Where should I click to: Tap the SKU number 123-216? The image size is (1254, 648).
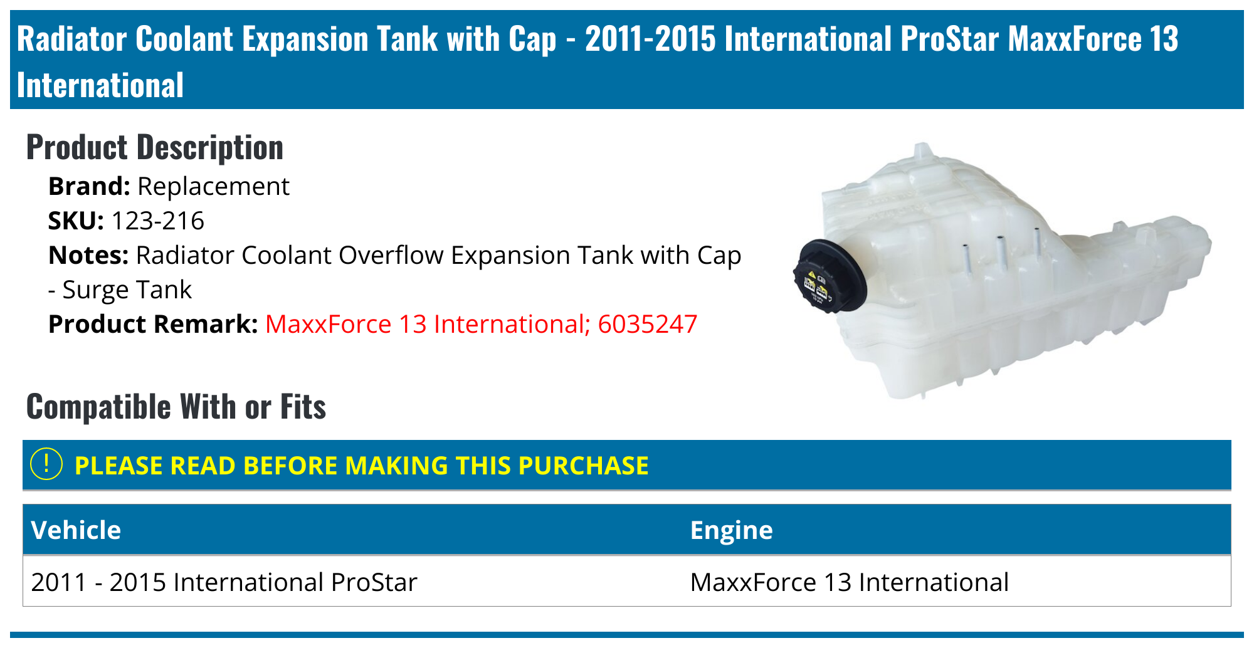pyautogui.click(x=157, y=221)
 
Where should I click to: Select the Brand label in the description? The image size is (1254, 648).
pyautogui.click(x=89, y=186)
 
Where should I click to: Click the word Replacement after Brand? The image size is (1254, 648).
pyautogui.click(x=213, y=187)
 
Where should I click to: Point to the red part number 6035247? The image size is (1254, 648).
pyautogui.click(x=647, y=324)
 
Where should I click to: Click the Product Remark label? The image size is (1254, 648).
pyautogui.click(x=153, y=324)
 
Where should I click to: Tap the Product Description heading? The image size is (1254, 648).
pyautogui.click(x=155, y=148)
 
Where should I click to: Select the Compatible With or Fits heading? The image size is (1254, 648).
pyautogui.click(x=176, y=407)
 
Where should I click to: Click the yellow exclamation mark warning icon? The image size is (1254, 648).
pyautogui.click(x=46, y=464)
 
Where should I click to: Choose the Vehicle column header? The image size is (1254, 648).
pyautogui.click(x=76, y=530)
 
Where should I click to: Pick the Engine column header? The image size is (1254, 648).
pyautogui.click(x=731, y=530)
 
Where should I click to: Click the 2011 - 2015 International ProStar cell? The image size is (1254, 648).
pyautogui.click(x=224, y=582)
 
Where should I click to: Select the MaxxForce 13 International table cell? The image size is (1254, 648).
pyautogui.click(x=850, y=582)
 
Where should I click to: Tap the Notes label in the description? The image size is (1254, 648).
pyautogui.click(x=88, y=255)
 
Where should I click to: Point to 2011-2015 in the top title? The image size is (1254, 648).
pyautogui.click(x=650, y=39)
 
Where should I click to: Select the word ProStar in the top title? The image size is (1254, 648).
pyautogui.click(x=950, y=39)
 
